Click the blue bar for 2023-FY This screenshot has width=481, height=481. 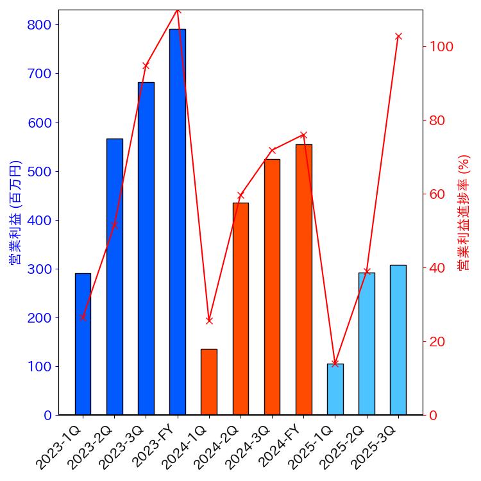(178, 222)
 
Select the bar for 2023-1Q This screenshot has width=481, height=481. (83, 344)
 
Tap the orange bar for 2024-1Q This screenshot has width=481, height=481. (209, 382)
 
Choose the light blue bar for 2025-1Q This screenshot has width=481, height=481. (335, 389)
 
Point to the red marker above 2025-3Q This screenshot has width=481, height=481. (398, 37)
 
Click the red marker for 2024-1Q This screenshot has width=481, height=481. (209, 321)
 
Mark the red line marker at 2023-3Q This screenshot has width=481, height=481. (146, 66)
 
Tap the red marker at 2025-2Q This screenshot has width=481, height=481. (367, 271)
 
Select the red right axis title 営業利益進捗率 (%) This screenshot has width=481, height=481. (464, 212)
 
